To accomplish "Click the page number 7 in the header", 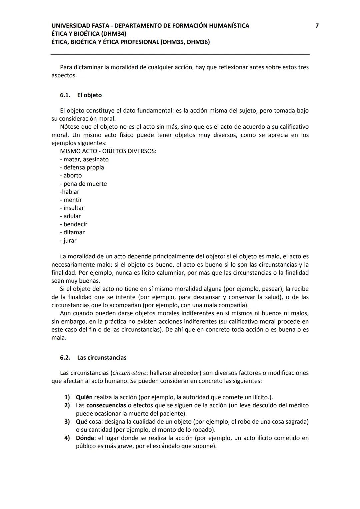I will tap(317, 26).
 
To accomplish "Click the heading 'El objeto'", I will tap(89, 95).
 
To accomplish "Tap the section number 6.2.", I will tap(65, 358).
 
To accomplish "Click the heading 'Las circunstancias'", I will tap(102, 358).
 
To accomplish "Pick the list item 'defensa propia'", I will tap(84, 167).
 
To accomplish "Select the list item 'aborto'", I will tap(72, 176).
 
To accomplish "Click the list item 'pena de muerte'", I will tap(85, 184).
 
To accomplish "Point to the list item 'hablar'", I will tap(70, 192).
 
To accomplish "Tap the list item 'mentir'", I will tap(72, 200).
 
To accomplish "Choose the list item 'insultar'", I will tap(73, 208).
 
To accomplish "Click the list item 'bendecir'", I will tap(75, 224).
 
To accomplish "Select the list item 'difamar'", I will tap(74, 232).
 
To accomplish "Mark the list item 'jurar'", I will tap(70, 241).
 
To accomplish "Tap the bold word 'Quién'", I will tap(84, 397).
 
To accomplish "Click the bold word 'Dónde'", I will tap(85, 438).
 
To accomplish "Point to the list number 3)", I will tap(67, 422).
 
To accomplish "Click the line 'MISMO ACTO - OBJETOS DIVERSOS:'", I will tap(108, 151).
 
